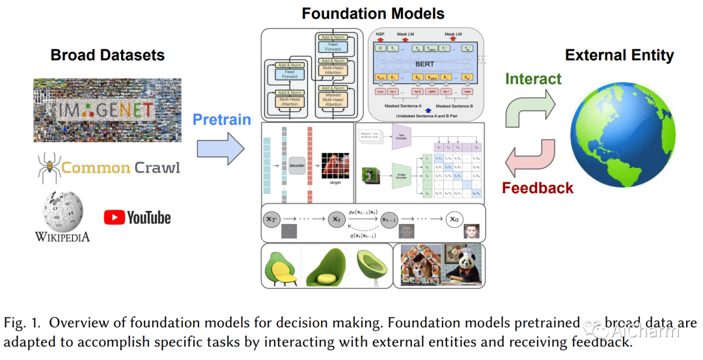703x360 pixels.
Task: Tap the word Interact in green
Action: [533, 79]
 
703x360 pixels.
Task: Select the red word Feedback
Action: [538, 189]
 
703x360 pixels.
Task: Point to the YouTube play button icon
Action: [114, 217]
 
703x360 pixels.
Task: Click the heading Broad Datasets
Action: [107, 55]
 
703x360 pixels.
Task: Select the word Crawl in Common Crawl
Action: [157, 168]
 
